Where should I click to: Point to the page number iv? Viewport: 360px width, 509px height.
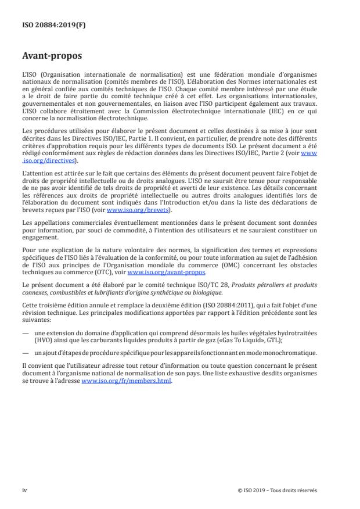tap(24, 490)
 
